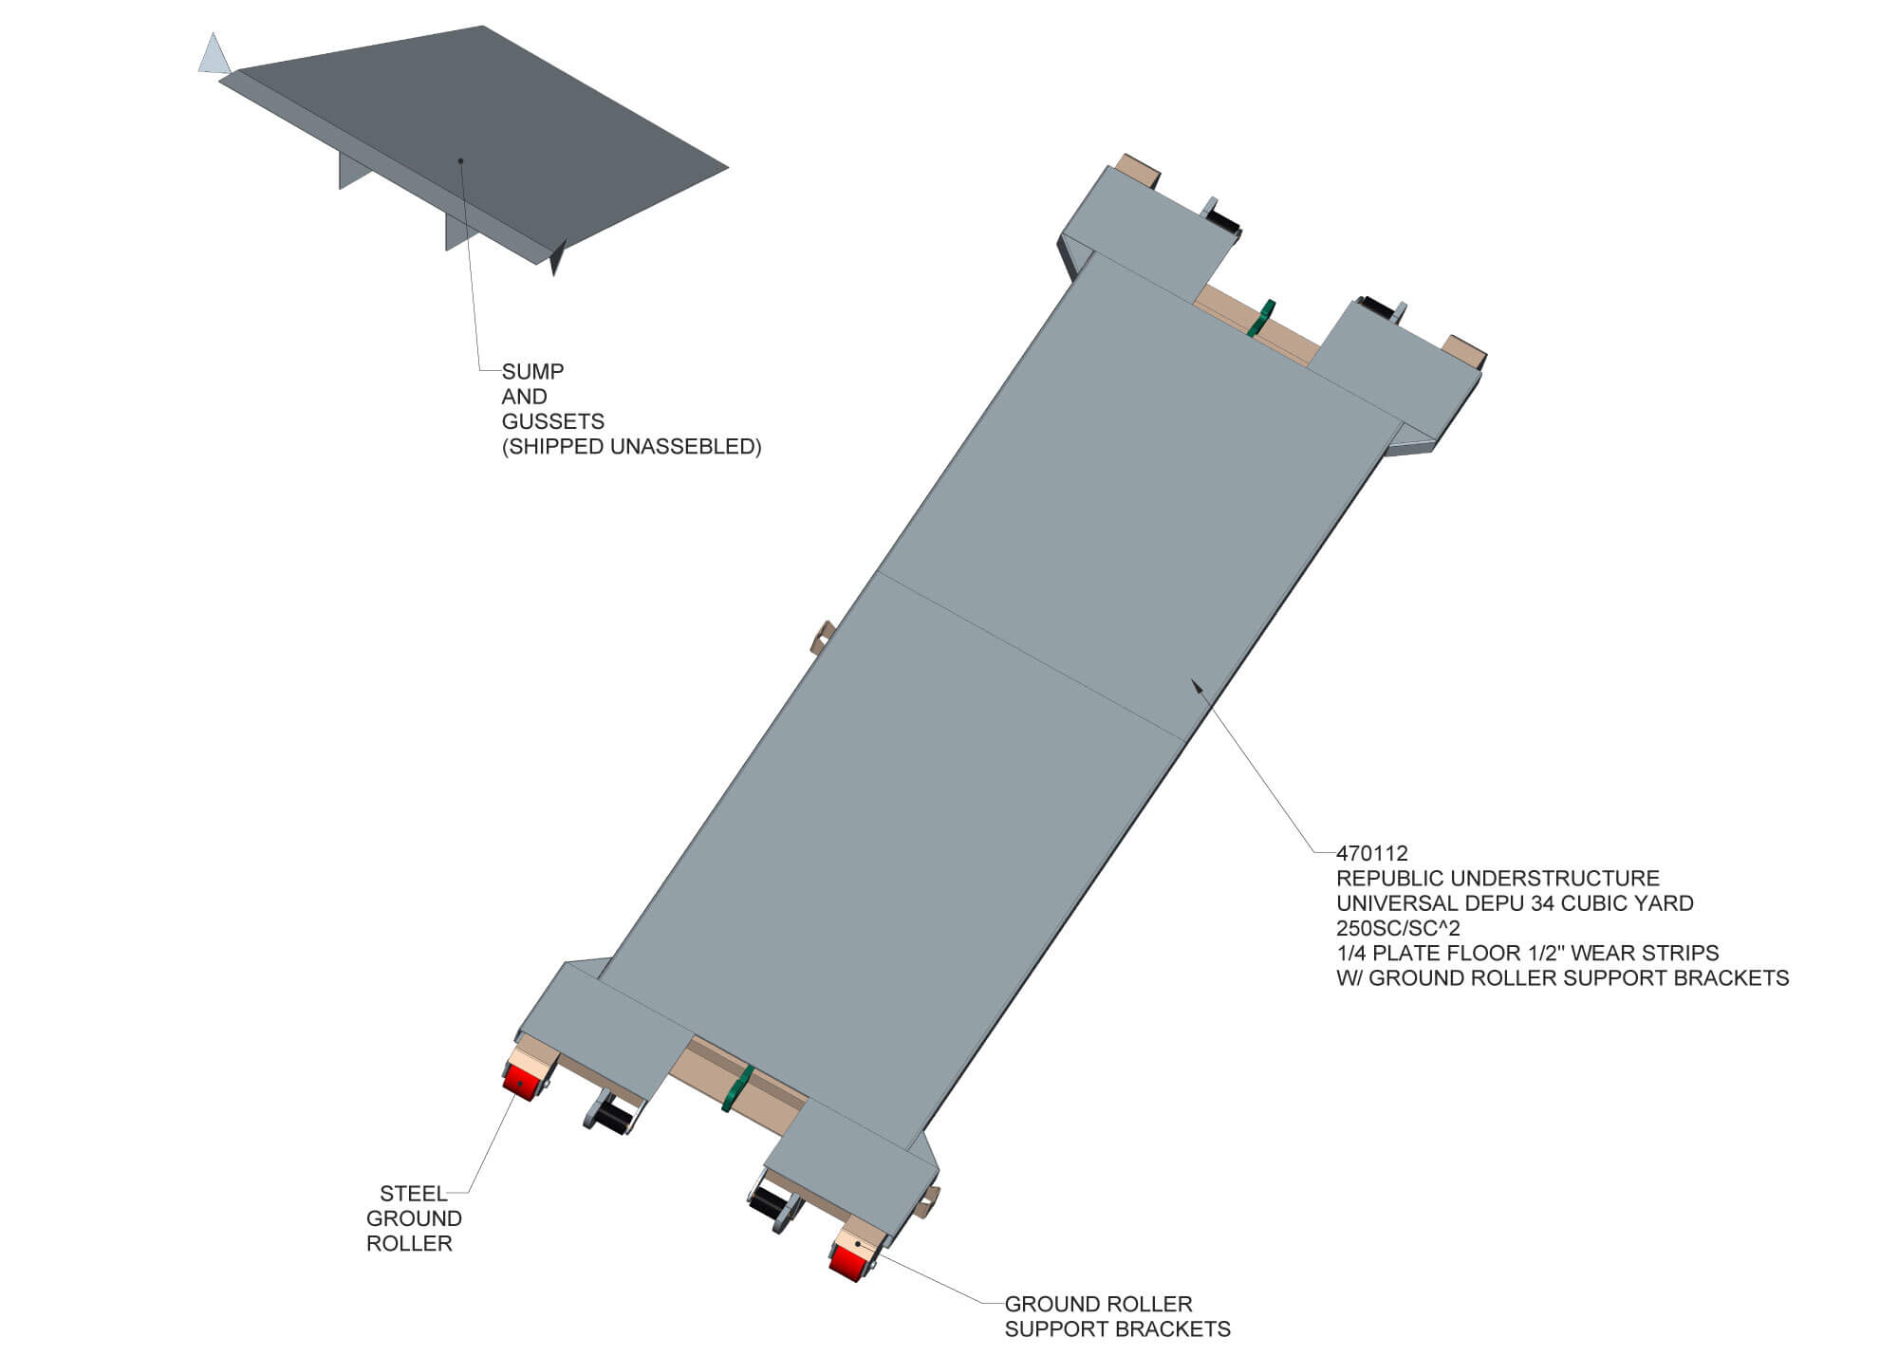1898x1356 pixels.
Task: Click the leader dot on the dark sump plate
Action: click(x=460, y=160)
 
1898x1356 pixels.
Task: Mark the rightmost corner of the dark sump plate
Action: click(x=728, y=168)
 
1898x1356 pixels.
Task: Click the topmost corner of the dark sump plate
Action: click(x=483, y=26)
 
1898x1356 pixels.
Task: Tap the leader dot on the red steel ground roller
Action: click(x=520, y=1085)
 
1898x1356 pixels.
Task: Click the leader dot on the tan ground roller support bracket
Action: click(x=859, y=1241)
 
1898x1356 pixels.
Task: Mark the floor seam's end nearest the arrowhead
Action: click(x=1186, y=740)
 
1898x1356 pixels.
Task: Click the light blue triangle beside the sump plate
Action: click(x=214, y=56)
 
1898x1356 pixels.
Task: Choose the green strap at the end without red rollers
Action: click(x=1261, y=318)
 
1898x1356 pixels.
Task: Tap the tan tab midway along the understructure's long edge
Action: click(x=822, y=635)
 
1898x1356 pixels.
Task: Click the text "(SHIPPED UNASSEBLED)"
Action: click(x=632, y=447)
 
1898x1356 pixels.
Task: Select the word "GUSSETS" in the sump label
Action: click(x=553, y=421)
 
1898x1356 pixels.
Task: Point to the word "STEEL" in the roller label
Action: click(x=413, y=1194)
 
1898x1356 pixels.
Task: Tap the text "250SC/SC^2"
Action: click(x=1399, y=928)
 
